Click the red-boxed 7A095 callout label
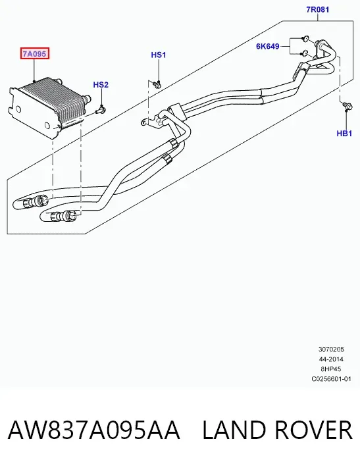pyautogui.click(x=34, y=53)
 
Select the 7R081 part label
pyautogui.click(x=317, y=9)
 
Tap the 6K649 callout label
pyautogui.click(x=268, y=46)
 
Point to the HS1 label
pyautogui.click(x=159, y=55)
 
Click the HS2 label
pyautogui.click(x=101, y=85)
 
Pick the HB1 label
pyautogui.click(x=344, y=134)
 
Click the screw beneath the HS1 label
pyautogui.click(x=157, y=85)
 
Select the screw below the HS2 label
pyautogui.click(x=101, y=111)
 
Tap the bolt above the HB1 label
pyautogui.click(x=347, y=105)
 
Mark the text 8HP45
pyautogui.click(x=331, y=369)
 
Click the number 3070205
pyautogui.click(x=331, y=349)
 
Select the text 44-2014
pyautogui.click(x=331, y=359)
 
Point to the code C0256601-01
pyautogui.click(x=331, y=379)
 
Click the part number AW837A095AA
pyautogui.click(x=93, y=430)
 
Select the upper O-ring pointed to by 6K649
pyautogui.click(x=305, y=39)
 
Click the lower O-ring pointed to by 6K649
pyautogui.click(x=304, y=53)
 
